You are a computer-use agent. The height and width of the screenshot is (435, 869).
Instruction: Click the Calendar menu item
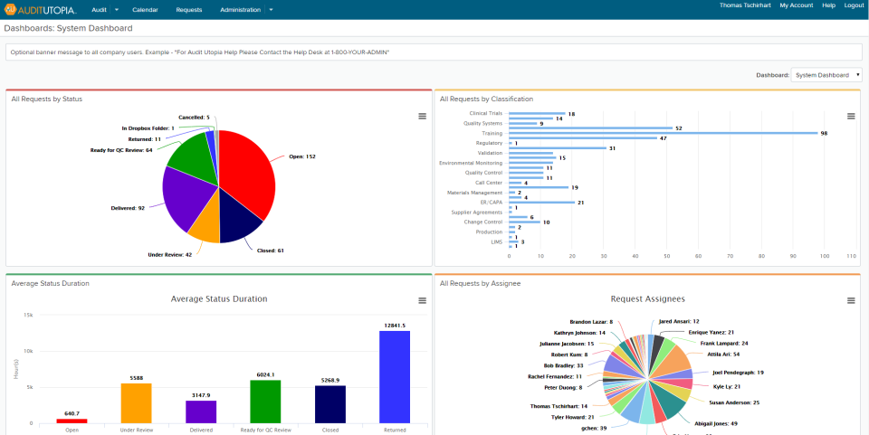click(x=145, y=9)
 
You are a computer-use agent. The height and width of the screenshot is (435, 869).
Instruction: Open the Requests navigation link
click(x=189, y=9)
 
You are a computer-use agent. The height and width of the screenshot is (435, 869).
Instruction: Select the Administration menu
click(x=242, y=9)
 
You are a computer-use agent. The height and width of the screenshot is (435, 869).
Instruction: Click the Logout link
click(x=854, y=5)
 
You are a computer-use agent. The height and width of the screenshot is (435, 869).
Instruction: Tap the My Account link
click(x=796, y=5)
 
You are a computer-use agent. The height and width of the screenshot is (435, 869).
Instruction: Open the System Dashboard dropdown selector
click(x=826, y=75)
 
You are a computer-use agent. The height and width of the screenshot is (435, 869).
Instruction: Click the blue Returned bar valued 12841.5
click(x=394, y=376)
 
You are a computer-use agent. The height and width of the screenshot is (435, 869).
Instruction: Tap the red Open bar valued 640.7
click(x=72, y=421)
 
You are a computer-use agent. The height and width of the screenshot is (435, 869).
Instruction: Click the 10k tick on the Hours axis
click(x=28, y=351)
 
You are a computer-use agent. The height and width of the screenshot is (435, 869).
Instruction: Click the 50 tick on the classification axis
click(x=666, y=256)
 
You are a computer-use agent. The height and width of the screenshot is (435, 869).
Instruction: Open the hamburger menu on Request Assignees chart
click(x=850, y=300)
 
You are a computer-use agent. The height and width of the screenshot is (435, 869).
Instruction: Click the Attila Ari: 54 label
click(x=722, y=355)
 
